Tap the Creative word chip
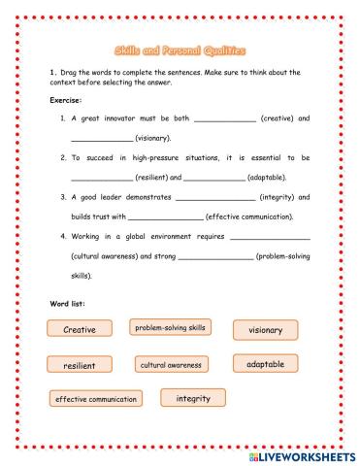pyautogui.click(x=80, y=330)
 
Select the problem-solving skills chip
pyautogui.click(x=170, y=328)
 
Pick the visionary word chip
pyautogui.click(x=265, y=330)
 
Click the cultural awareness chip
pyautogui.click(x=171, y=365)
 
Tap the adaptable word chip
pyautogui.click(x=265, y=364)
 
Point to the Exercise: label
pyautogui.click(x=67, y=100)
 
